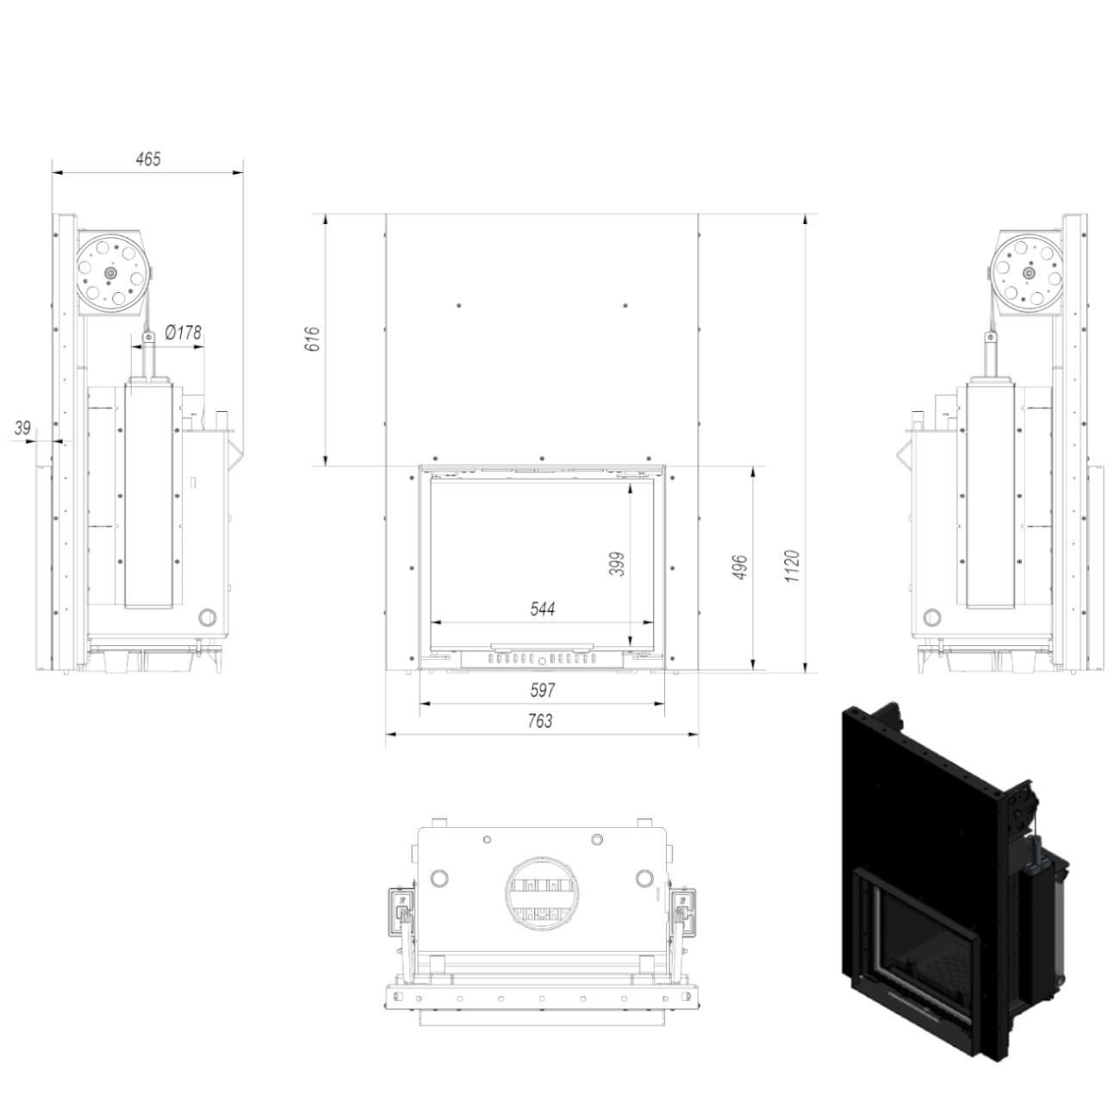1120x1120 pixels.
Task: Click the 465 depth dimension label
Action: coord(148,159)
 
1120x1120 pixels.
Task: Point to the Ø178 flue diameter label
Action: coord(184,333)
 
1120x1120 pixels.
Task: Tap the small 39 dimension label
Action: coord(22,428)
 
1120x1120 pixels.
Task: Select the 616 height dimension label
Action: coord(312,339)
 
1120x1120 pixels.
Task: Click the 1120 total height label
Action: coord(793,565)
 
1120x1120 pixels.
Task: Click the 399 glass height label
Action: coord(617,563)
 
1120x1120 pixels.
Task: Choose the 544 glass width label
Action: coord(542,608)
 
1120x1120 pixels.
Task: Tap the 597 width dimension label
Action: coord(542,690)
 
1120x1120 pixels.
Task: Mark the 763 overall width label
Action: coord(540,721)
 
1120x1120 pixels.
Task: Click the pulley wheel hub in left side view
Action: coord(110,272)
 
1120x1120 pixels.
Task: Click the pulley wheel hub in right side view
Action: coord(1029,272)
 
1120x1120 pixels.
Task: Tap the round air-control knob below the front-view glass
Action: coord(542,660)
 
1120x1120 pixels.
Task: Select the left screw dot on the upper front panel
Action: coord(459,306)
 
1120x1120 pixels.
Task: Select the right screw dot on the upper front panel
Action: coord(625,306)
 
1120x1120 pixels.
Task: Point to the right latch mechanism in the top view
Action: coord(681,918)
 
